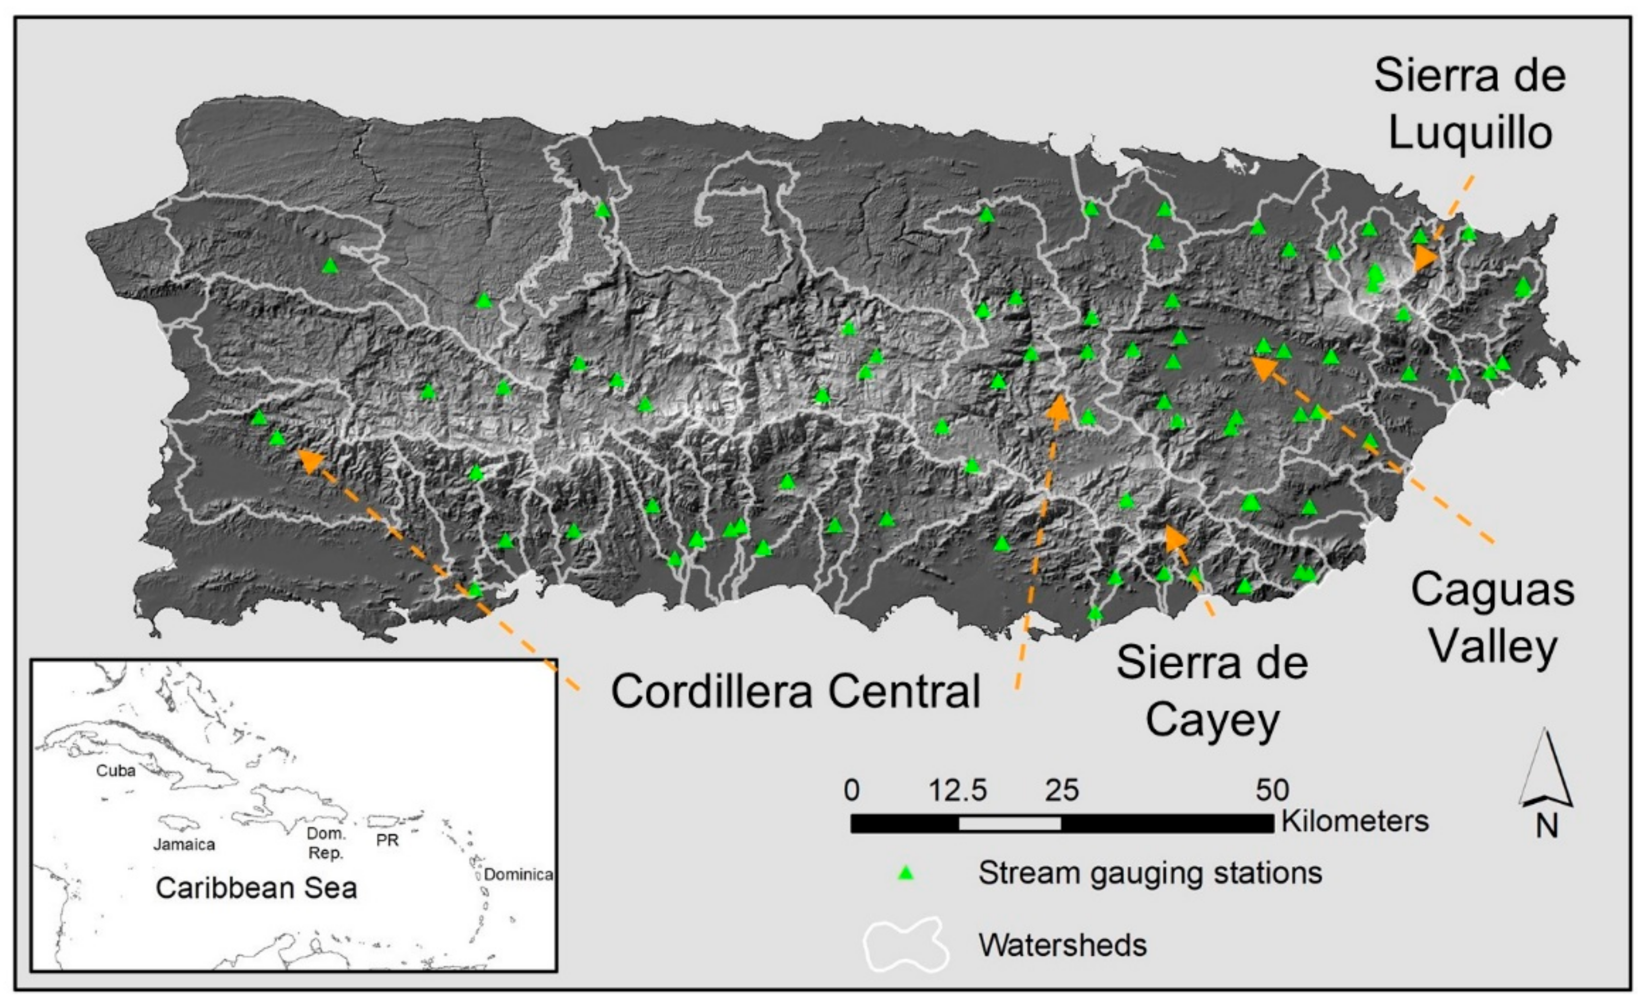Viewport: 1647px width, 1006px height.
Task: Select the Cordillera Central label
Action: (795, 691)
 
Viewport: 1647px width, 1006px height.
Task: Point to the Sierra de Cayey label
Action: (1212, 691)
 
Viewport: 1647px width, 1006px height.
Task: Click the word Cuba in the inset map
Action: (116, 771)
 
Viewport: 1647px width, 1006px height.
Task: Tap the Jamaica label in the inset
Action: (184, 844)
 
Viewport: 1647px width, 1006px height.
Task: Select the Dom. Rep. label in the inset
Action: (326, 843)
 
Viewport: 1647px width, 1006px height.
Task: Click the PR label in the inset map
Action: (388, 840)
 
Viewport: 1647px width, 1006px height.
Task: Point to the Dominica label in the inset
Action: (518, 874)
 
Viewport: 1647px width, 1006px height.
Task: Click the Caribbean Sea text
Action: (256, 888)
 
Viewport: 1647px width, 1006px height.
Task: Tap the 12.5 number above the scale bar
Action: (957, 791)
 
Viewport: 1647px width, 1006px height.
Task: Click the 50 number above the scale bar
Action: (1272, 791)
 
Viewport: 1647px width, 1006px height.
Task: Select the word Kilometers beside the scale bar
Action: (1354, 820)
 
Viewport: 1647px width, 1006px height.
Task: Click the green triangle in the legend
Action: (906, 873)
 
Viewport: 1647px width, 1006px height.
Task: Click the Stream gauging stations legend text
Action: (1150, 873)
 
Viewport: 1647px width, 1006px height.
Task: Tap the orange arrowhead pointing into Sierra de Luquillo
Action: (1424, 258)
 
